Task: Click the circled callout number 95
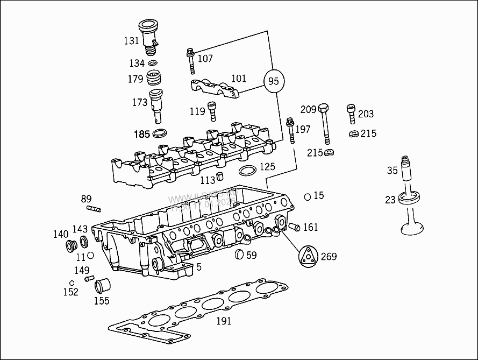pyautogui.click(x=274, y=81)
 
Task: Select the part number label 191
pyautogui.click(x=224, y=321)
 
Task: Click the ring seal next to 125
pyautogui.click(x=247, y=171)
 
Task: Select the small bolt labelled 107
pyautogui.click(x=190, y=61)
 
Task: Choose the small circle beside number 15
pyautogui.click(x=307, y=196)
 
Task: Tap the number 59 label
pyautogui.click(x=252, y=255)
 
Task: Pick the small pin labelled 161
pyautogui.click(x=294, y=228)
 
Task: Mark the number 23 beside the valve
pyautogui.click(x=390, y=200)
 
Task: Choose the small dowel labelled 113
pyautogui.click(x=219, y=179)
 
